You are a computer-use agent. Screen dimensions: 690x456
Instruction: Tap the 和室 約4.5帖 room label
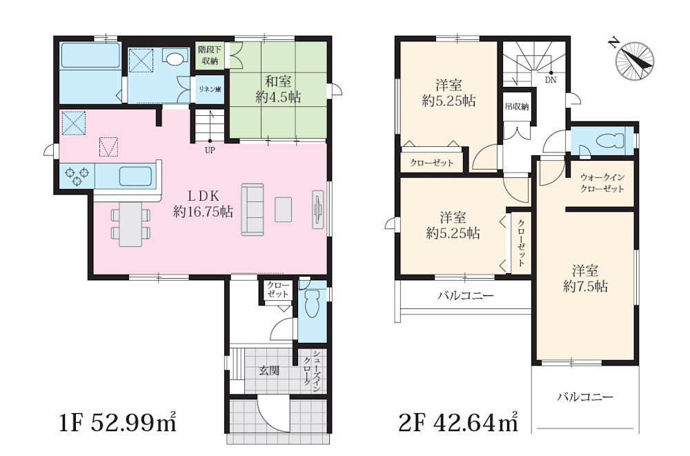(278, 89)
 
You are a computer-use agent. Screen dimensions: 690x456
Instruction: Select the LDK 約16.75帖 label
(203, 204)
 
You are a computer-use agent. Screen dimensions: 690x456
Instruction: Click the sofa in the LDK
(252, 210)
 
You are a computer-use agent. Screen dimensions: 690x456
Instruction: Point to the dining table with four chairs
(130, 224)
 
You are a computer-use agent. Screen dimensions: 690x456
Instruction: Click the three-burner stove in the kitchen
(77, 175)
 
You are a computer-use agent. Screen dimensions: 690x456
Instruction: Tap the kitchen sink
(136, 177)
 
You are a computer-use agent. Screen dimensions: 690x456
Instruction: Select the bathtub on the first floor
(90, 55)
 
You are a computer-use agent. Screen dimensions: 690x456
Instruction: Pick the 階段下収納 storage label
(210, 54)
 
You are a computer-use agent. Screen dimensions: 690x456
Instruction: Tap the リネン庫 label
(210, 90)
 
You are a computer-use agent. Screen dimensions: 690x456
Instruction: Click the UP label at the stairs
(210, 150)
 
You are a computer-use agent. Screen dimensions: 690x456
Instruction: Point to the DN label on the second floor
(551, 80)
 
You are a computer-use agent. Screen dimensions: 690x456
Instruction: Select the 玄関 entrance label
(268, 370)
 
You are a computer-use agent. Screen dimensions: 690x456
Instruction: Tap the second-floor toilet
(609, 141)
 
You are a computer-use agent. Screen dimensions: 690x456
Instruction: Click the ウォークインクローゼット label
(602, 183)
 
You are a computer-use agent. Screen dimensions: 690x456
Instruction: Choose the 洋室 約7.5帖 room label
(585, 279)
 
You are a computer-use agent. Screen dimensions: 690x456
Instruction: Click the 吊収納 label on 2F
(517, 107)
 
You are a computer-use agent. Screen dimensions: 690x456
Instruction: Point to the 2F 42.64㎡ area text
(457, 422)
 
